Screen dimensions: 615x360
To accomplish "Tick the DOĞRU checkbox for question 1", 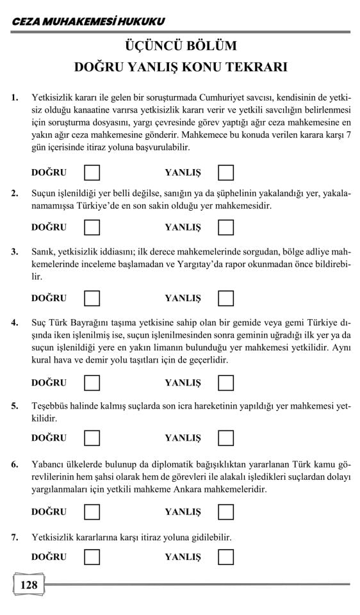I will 92,172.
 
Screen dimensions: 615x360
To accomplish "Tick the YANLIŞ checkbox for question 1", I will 225,172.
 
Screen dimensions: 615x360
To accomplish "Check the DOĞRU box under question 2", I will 92,227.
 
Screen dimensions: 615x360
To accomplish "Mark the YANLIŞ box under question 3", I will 225,298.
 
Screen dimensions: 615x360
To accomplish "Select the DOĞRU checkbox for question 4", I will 92,382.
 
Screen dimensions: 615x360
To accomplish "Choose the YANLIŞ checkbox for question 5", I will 225,438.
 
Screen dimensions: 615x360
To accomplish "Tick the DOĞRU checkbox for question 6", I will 92,512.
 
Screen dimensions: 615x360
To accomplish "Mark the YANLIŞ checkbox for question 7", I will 225,557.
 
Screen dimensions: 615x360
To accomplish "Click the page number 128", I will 29,585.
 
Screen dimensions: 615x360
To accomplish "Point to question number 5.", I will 14,406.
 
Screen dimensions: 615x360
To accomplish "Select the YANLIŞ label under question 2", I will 183,227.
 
